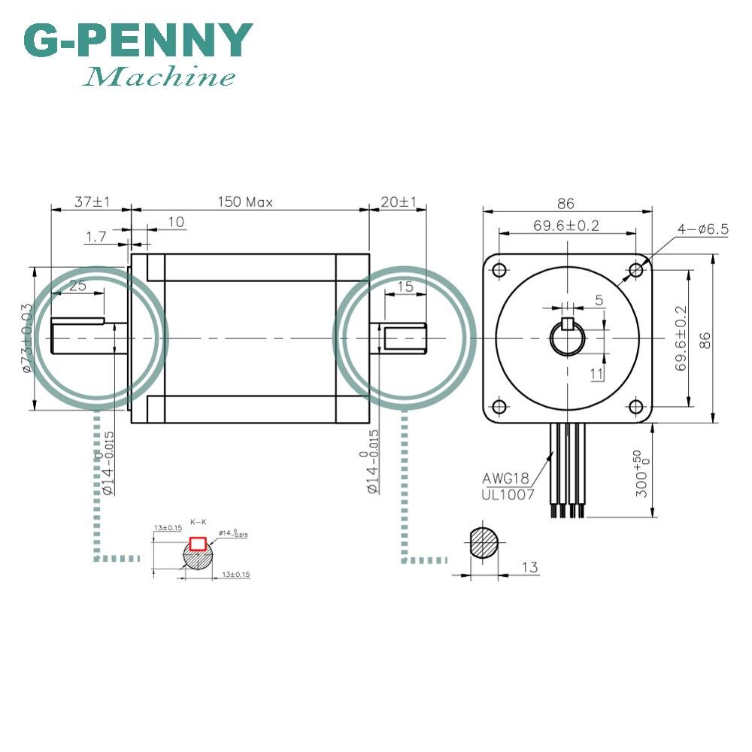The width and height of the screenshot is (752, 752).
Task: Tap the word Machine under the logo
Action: point(159,77)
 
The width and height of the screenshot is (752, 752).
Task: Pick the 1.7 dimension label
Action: point(96,237)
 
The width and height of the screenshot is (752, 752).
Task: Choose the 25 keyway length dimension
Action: point(77,285)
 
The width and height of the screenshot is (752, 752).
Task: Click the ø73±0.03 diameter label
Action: point(26,338)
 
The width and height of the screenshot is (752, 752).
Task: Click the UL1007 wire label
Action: point(508,494)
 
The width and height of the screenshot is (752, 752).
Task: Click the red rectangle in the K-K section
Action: point(199,543)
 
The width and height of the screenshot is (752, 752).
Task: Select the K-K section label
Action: point(199,521)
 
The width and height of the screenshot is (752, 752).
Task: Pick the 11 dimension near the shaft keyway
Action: point(596,374)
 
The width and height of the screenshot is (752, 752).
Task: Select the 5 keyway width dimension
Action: point(599,300)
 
